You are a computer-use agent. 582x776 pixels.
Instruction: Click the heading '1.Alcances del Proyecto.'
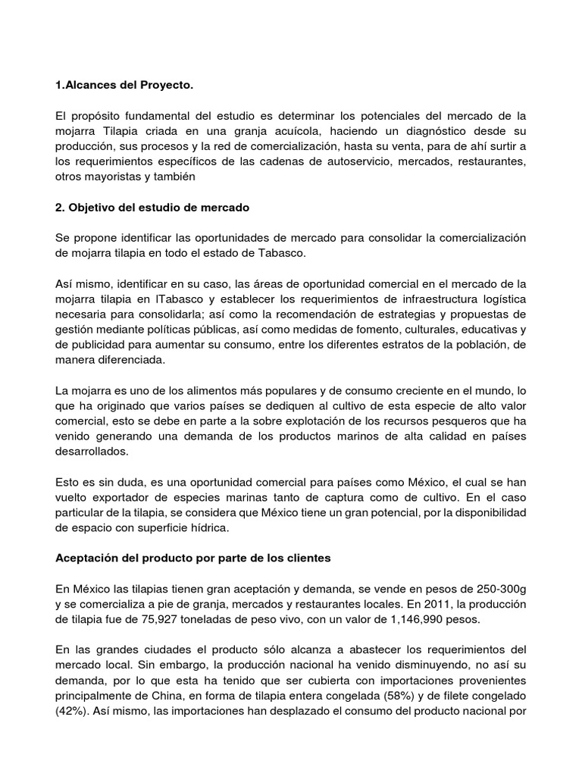tap(125, 86)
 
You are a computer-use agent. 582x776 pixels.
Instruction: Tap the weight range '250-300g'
tap(497, 589)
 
